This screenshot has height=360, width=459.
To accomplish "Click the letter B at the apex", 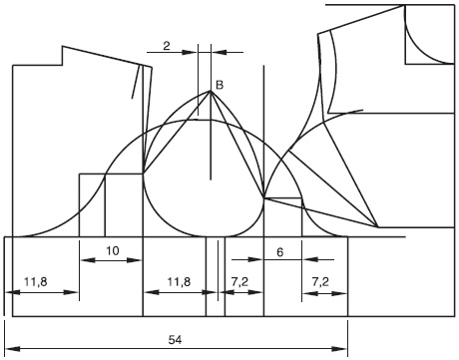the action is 220,85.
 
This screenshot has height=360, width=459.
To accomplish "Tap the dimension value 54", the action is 175,340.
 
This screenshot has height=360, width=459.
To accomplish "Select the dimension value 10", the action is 113,251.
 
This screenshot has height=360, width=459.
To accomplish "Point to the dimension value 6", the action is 280,252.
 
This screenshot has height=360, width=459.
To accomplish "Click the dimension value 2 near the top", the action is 167,46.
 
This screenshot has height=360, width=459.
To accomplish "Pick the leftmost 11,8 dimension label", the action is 36,282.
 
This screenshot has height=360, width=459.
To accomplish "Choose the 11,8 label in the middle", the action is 179,282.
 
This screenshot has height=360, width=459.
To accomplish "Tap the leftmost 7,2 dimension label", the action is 239,282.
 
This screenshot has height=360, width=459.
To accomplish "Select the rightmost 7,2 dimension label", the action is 320,282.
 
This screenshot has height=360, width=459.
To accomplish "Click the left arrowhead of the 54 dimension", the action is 12,349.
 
